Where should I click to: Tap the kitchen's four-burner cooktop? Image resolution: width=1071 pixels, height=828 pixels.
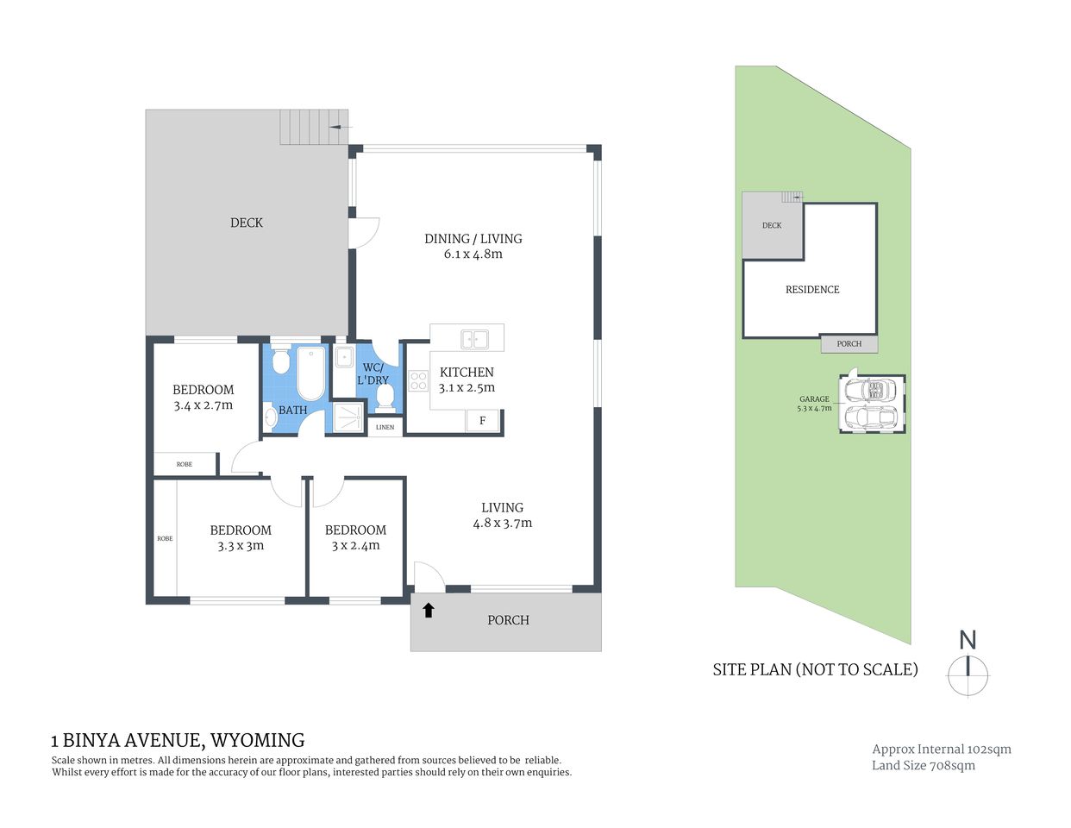point(418,380)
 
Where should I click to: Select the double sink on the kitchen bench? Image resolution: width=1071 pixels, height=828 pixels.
point(473,338)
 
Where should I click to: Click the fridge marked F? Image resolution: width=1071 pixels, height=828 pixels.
point(482,421)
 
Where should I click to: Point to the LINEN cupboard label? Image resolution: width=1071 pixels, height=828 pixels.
point(385,427)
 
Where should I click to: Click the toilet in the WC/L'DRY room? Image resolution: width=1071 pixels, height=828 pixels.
point(385,397)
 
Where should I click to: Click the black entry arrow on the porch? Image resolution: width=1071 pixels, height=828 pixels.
point(428,611)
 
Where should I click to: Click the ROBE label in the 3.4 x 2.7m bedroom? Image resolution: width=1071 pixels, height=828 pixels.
point(185,464)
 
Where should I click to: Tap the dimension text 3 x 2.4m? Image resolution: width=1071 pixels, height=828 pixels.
point(355,545)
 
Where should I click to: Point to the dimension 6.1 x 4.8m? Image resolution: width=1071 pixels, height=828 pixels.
point(473,254)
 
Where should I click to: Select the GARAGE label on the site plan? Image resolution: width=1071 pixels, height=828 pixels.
point(814,399)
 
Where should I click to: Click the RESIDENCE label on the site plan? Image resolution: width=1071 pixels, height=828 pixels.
point(812,290)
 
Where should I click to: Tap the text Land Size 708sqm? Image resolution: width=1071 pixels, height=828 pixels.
point(923,765)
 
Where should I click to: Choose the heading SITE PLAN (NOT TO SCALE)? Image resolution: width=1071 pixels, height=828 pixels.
point(815,669)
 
